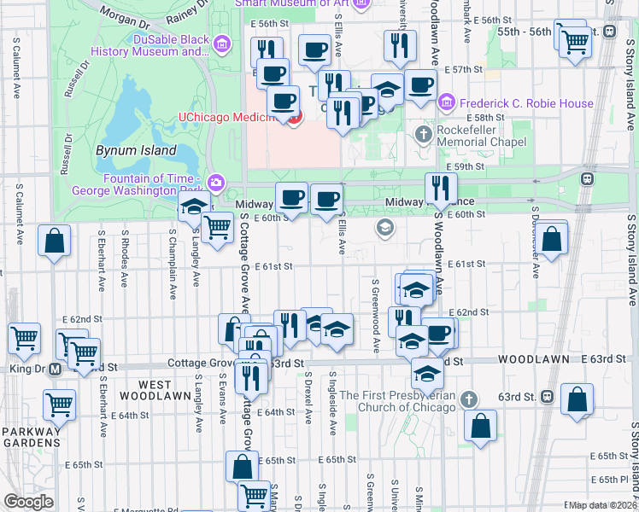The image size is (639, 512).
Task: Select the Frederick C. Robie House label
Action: (526, 103)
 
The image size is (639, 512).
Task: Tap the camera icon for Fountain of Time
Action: (216, 182)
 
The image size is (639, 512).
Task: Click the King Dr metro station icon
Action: (54, 369)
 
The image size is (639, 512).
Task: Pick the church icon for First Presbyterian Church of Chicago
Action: (468, 399)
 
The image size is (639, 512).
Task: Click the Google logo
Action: (28, 501)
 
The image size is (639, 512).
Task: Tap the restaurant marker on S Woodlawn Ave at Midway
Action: (441, 189)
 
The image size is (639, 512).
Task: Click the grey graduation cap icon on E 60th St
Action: (385, 228)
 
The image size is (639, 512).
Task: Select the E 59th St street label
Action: (466, 166)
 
